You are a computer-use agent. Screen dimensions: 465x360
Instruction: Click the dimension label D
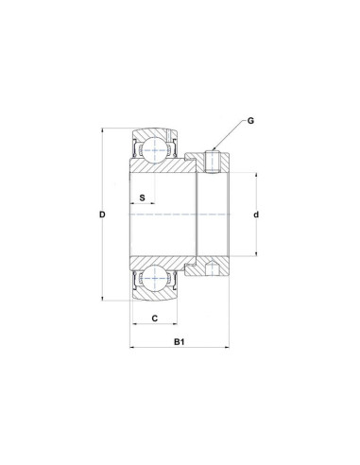click(102, 215)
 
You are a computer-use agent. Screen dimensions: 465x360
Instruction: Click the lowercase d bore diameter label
click(256, 215)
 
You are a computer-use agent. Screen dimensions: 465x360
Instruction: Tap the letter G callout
click(251, 120)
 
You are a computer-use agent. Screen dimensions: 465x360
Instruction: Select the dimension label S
click(141, 198)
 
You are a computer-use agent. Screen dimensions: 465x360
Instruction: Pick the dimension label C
click(154, 319)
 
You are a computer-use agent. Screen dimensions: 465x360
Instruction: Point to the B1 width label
click(179, 341)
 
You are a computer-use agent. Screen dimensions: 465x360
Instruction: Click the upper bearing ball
click(154, 147)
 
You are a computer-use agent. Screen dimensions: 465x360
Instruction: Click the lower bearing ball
click(154, 281)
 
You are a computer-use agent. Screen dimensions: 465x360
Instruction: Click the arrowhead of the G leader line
click(216, 148)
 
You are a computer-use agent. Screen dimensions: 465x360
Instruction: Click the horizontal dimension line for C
click(154, 327)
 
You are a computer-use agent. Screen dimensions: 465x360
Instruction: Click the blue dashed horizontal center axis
click(180, 215)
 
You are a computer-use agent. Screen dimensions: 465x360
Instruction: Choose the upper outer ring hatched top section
click(154, 130)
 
